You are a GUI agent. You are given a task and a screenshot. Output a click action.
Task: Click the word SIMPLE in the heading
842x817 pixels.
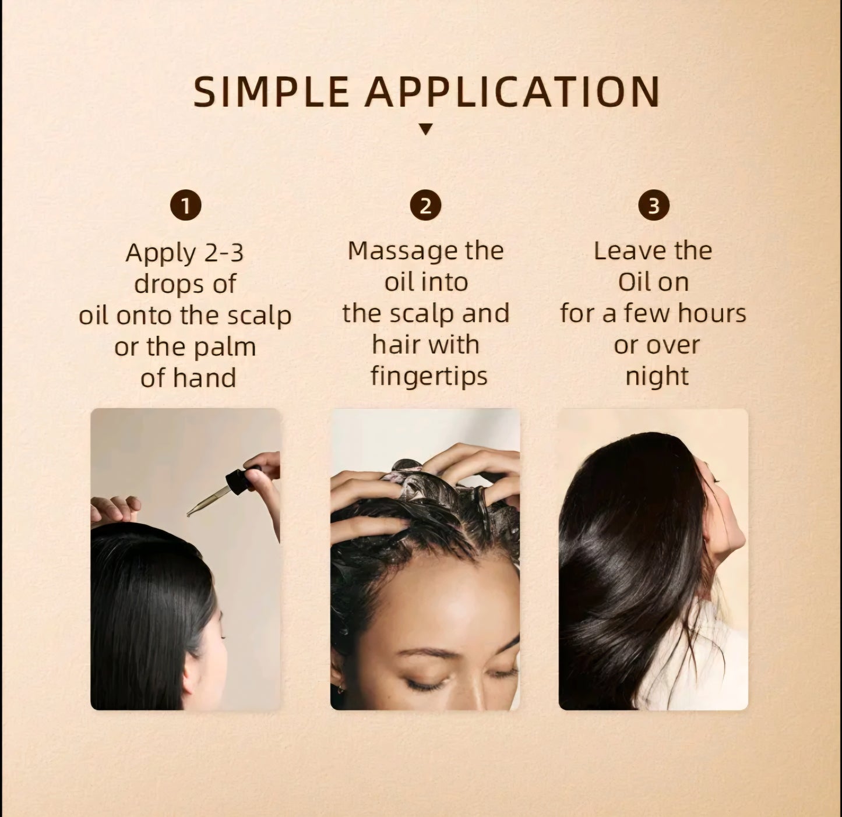[x=270, y=92]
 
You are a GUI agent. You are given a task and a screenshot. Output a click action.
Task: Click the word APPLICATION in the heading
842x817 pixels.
[x=512, y=92]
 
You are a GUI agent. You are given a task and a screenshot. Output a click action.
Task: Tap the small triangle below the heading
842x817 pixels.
[x=426, y=129]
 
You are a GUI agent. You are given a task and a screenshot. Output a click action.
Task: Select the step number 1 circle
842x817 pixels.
[x=185, y=206]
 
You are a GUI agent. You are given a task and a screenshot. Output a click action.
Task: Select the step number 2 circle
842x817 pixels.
[x=425, y=206]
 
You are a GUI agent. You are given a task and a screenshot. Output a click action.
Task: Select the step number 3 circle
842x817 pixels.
[x=653, y=206]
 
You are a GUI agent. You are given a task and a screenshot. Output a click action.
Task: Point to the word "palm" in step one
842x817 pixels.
[x=226, y=348]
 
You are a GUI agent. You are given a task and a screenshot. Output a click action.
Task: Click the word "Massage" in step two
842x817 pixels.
[x=394, y=251]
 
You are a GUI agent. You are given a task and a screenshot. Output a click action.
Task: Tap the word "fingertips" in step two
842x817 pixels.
[x=429, y=376]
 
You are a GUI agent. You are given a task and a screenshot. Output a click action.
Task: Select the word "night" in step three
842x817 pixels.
[x=657, y=377]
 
